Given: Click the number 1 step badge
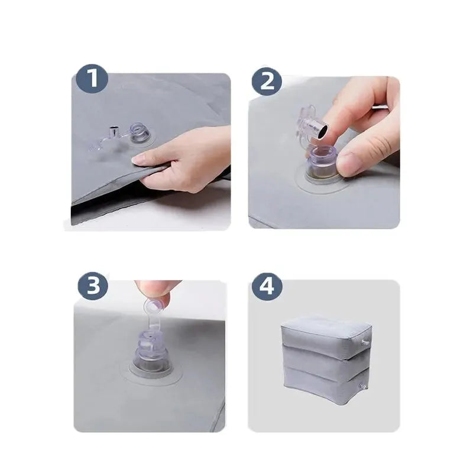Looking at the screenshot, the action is click(x=92, y=78).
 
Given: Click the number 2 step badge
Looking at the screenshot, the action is click(x=267, y=81).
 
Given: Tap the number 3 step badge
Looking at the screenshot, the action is click(x=93, y=285).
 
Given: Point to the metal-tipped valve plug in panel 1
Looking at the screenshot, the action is click(x=114, y=131).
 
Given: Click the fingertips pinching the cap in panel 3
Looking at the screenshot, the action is click(x=156, y=291).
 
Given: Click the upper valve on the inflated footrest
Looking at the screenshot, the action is click(x=365, y=343).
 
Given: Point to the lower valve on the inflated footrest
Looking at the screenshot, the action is click(x=362, y=386).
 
